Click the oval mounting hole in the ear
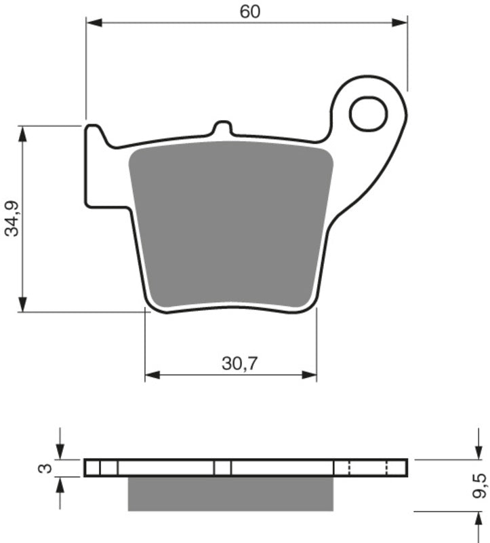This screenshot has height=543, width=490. pos(368,113)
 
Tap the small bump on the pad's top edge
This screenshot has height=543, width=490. pos(222,128)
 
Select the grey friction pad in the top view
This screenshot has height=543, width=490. pos(230,224)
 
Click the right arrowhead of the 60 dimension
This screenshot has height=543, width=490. pos(401,23)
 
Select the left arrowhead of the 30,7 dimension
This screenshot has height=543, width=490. pos(152,374)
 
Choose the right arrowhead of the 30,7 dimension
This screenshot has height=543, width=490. pos(310,374)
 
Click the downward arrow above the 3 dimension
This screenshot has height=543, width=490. pos(60,452)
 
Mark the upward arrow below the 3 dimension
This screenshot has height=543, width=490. pos(60,484)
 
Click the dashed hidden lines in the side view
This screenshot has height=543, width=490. pos(367,468)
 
